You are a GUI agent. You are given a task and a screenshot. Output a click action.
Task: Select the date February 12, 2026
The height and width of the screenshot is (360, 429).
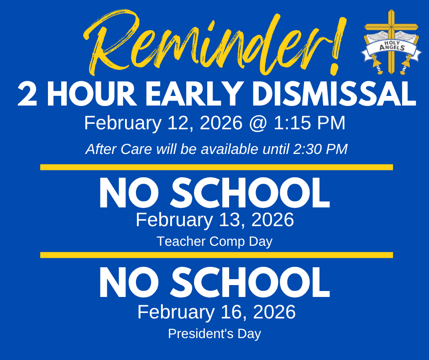coord(164,123)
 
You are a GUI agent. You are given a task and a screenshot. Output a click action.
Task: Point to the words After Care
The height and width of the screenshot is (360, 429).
coord(108,149)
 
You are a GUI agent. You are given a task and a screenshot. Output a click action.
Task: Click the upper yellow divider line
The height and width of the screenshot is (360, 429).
coord(216,167)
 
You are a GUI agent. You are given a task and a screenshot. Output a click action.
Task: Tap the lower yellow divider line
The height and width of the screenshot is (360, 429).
coord(216,255)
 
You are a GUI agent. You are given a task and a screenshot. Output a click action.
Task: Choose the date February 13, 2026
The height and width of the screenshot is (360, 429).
coord(214,220)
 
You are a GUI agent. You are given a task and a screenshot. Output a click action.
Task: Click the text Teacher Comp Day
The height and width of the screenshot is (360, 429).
coord(214,241)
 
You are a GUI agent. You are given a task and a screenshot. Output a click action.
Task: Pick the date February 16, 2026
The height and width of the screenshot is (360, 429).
coord(216,312)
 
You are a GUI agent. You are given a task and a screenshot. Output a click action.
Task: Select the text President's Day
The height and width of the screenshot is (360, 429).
coord(214,334)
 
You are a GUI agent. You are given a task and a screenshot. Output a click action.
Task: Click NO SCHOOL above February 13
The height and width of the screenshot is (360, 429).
coord(214,194)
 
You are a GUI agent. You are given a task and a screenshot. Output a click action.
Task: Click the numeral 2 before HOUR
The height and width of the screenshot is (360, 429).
coord(27,95)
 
